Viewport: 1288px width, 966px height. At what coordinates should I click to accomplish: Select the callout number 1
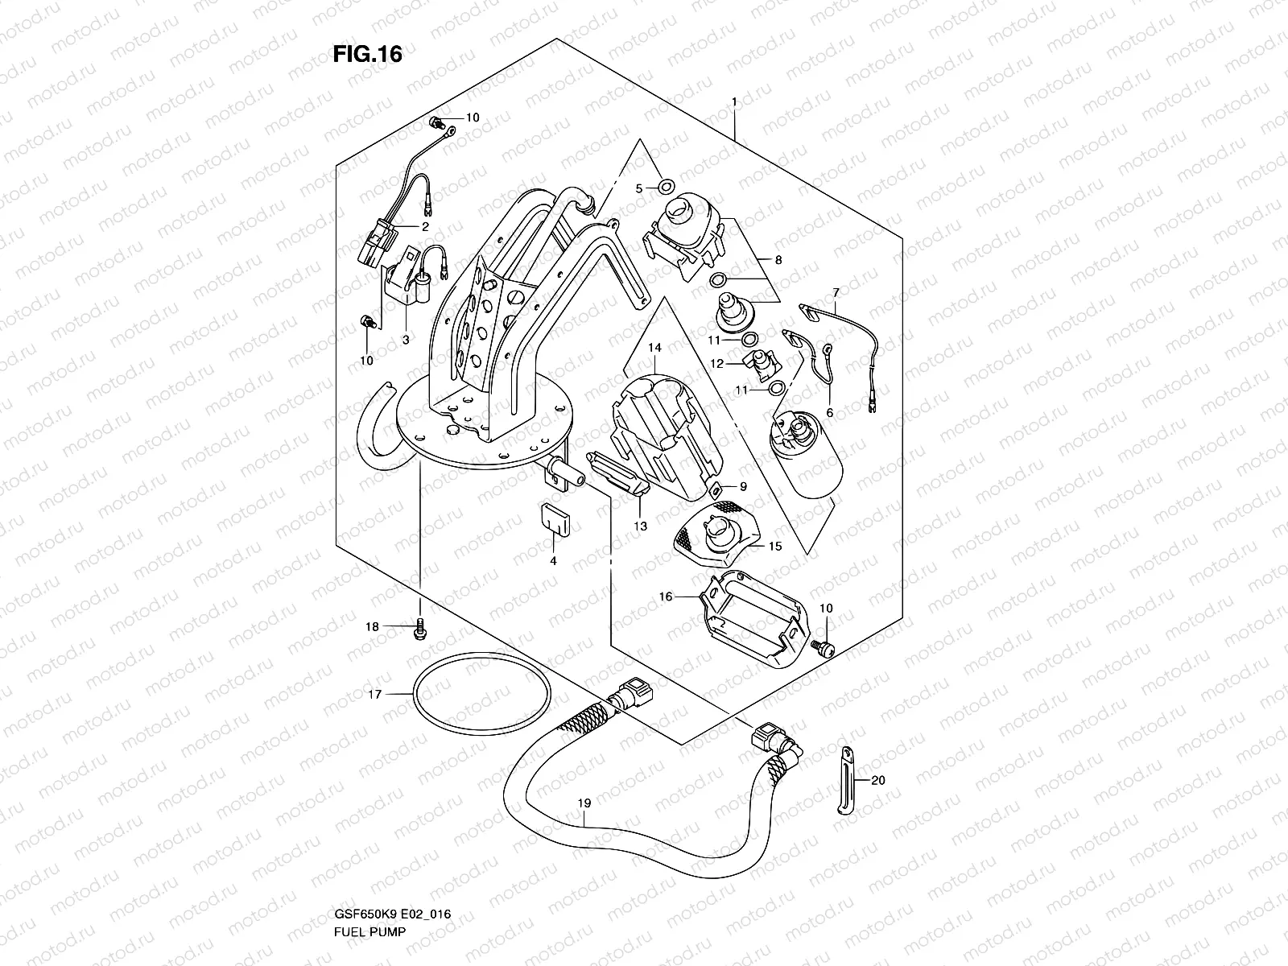(x=734, y=101)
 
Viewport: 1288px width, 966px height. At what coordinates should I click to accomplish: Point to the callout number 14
(x=654, y=348)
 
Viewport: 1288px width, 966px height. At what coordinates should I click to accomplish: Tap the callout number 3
(x=406, y=340)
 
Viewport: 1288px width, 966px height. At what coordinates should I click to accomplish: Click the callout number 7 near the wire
(x=836, y=292)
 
